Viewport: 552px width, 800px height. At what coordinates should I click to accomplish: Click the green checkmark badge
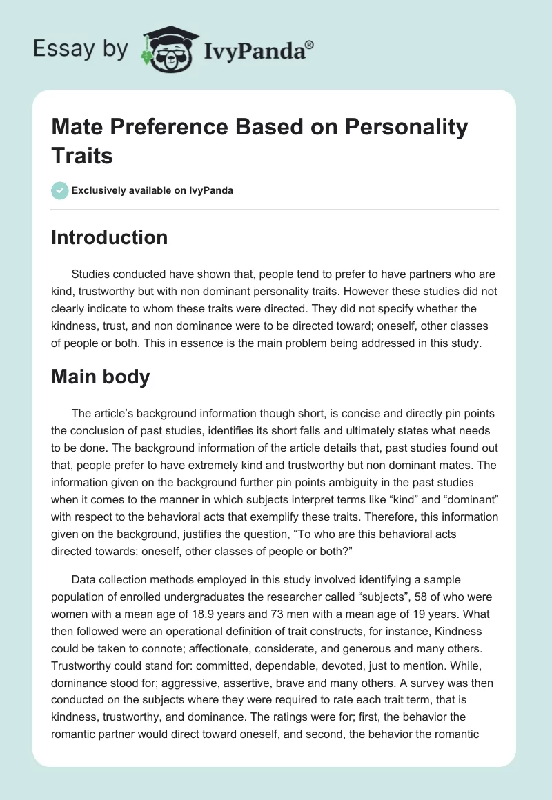(x=60, y=190)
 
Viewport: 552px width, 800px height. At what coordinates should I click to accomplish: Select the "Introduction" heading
(x=110, y=237)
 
